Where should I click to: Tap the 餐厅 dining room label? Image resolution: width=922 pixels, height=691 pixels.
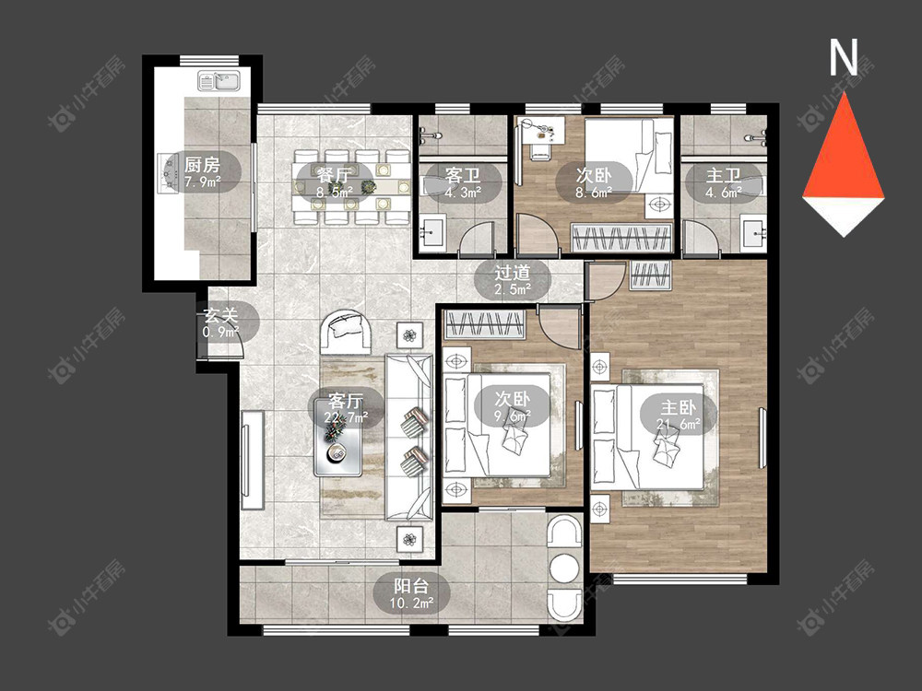tap(334, 175)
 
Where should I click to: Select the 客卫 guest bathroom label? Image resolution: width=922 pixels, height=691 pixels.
tap(463, 175)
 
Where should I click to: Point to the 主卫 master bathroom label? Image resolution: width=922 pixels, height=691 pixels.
tap(723, 175)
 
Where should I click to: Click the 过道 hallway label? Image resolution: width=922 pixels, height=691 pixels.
tap(512, 273)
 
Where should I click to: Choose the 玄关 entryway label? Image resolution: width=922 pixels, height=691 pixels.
tap(221, 315)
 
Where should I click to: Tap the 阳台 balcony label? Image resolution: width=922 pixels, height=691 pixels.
tap(411, 586)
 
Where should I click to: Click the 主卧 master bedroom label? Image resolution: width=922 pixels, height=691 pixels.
tap(678, 407)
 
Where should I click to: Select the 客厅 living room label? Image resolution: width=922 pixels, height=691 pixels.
tap(346, 402)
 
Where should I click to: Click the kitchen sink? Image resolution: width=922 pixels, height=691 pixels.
tap(220, 81)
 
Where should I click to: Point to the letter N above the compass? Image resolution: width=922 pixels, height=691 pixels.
tap(844, 57)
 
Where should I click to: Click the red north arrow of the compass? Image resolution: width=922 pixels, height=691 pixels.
tap(844, 146)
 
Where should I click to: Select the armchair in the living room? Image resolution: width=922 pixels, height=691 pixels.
tap(346, 332)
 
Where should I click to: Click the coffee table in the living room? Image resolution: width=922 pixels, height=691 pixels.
tap(337, 437)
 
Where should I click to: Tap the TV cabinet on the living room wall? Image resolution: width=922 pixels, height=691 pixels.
tap(252, 460)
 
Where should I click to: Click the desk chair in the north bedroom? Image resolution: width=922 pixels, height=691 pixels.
tap(539, 150)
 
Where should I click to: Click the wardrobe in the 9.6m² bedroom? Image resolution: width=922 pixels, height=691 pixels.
tap(485, 325)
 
